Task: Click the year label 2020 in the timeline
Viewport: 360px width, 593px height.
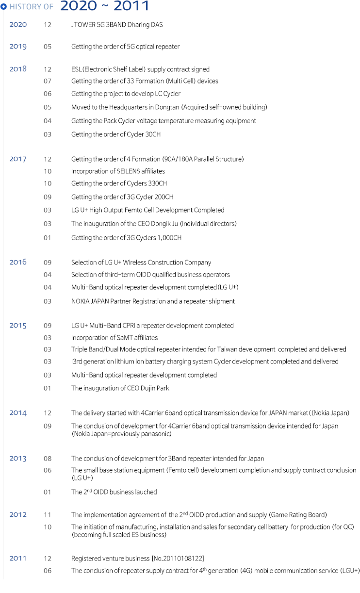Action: click(x=18, y=24)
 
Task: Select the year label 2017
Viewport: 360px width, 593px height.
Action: click(x=18, y=159)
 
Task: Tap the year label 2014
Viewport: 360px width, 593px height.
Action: click(x=18, y=413)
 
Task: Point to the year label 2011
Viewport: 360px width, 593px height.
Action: click(x=18, y=558)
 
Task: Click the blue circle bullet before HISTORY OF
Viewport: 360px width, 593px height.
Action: click(x=4, y=7)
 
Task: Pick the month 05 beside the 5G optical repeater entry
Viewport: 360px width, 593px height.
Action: click(x=48, y=47)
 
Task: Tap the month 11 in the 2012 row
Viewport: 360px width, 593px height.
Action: click(x=48, y=515)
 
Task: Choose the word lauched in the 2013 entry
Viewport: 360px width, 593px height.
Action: click(x=146, y=492)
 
